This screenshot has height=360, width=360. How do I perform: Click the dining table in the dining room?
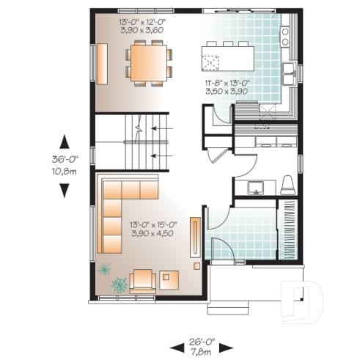pos(150,62)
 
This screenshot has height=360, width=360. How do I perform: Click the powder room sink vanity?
pos(256,188)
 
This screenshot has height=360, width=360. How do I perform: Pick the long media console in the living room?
pos(195,238)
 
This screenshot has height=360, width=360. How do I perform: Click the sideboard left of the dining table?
pos(101,62)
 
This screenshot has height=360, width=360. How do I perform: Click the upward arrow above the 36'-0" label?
pos(65,141)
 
